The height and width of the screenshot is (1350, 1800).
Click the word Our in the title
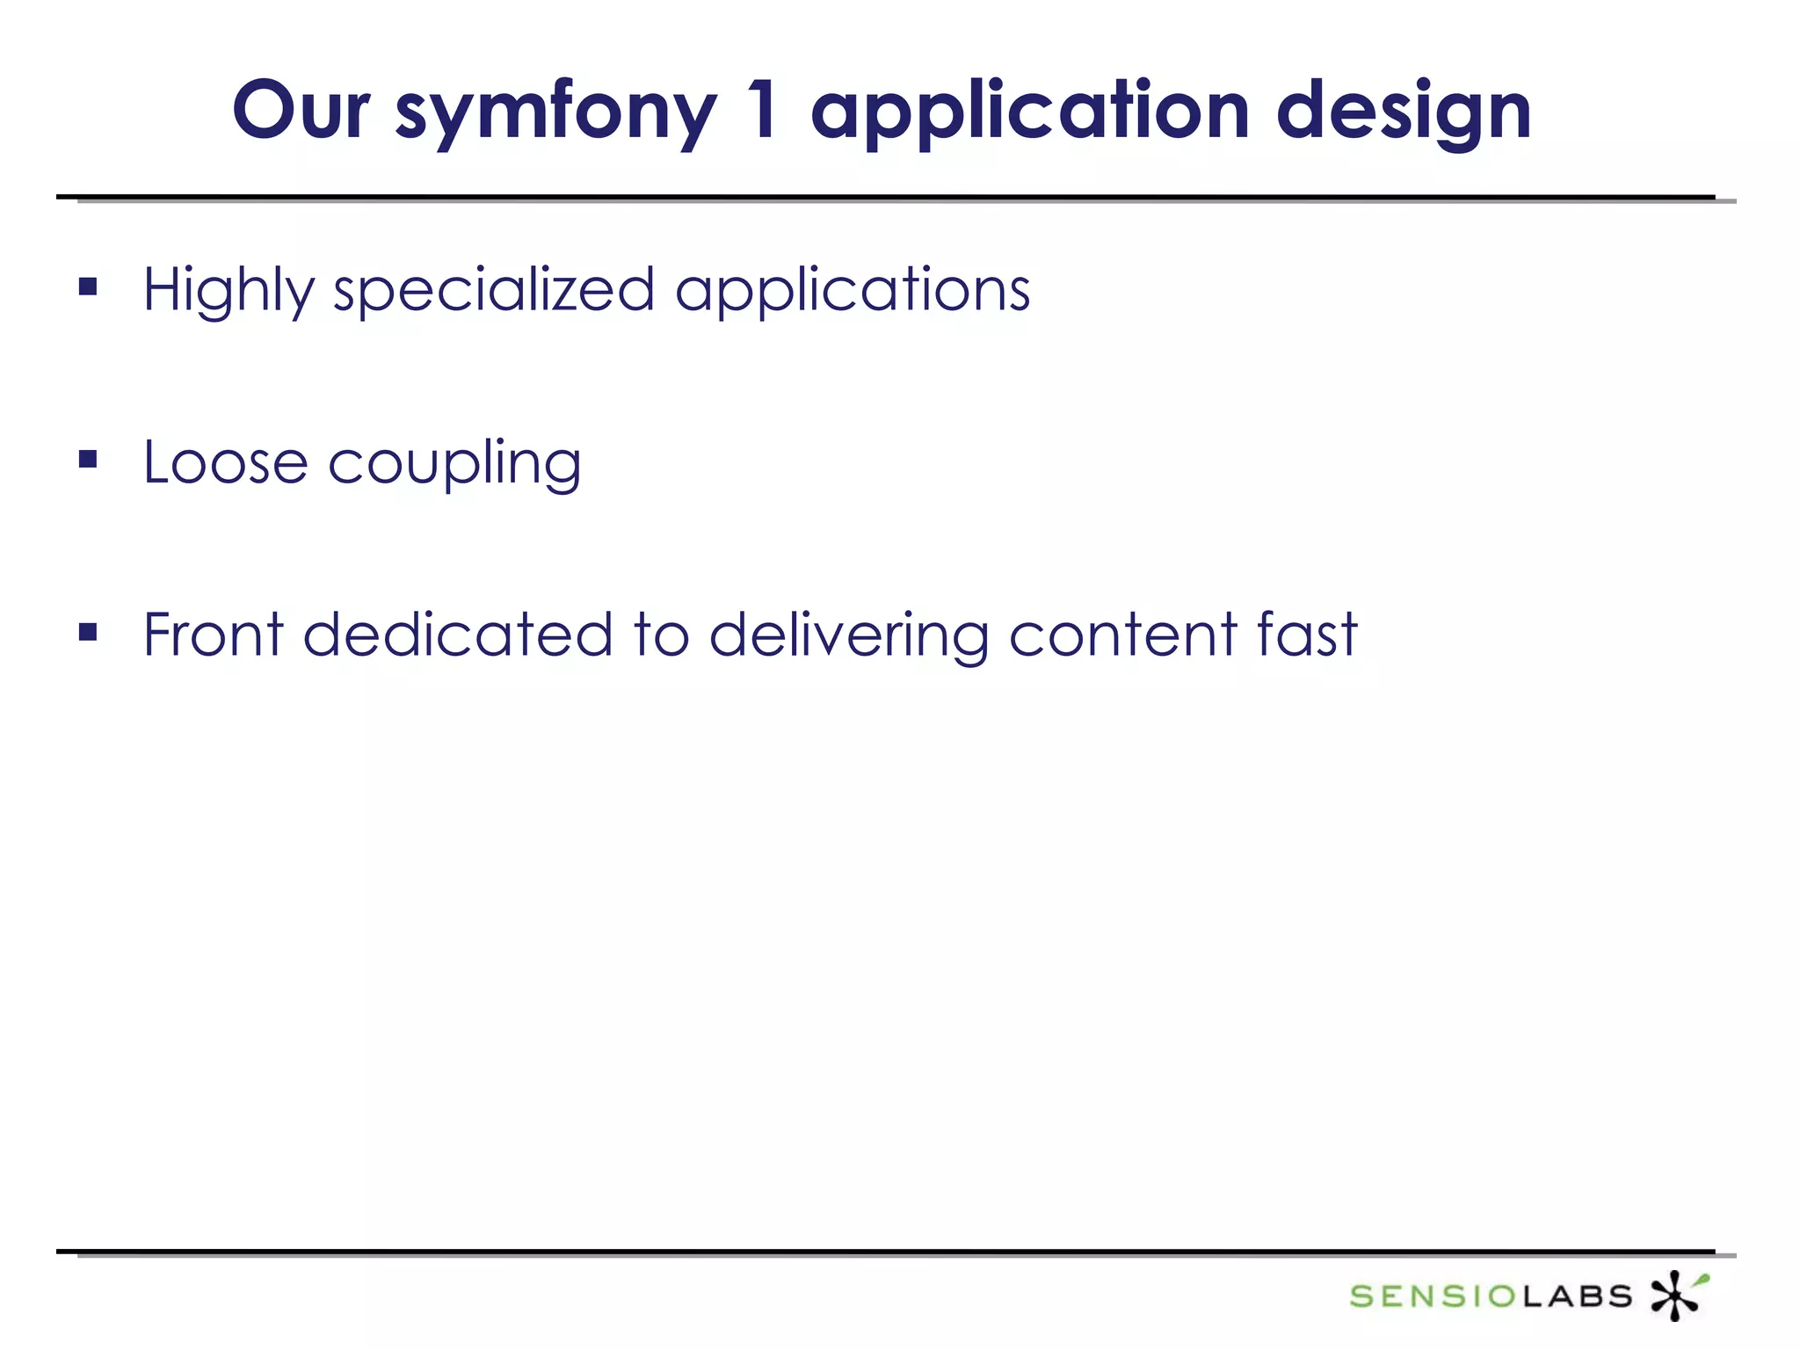tap(301, 111)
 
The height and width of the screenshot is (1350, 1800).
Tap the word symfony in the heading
tap(555, 114)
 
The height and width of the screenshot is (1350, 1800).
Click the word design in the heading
tap(1404, 114)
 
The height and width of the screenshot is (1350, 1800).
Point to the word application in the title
tap(1029, 114)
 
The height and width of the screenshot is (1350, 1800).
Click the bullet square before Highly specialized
tap(88, 287)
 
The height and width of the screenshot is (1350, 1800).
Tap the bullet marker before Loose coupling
tap(88, 459)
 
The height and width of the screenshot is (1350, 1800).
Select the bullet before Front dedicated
tap(88, 632)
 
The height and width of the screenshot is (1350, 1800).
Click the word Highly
tap(228, 290)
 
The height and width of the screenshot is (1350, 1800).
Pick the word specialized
tap(493, 290)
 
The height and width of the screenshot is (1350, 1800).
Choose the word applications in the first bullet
tap(852, 290)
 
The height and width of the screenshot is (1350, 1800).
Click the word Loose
tap(225, 462)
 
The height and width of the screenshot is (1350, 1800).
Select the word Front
tap(214, 635)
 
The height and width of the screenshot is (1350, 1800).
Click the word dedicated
tap(457, 635)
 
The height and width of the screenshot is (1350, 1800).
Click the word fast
tap(1307, 635)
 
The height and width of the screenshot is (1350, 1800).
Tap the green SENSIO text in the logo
tap(1433, 1296)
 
